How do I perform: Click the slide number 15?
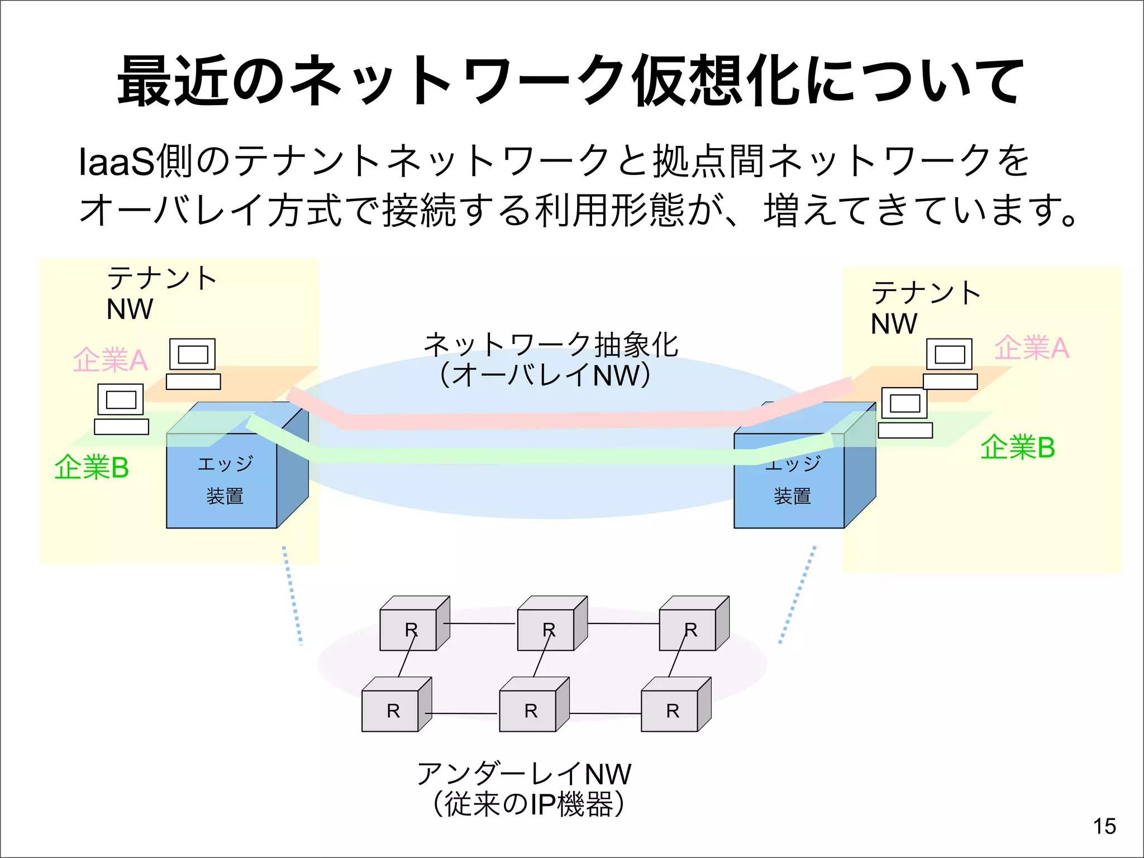click(1104, 826)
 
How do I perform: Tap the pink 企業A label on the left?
click(110, 360)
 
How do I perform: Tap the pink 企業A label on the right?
click(1031, 347)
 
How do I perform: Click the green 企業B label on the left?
click(92, 467)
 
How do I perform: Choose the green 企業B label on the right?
click(1017, 447)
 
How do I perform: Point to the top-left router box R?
click(408, 630)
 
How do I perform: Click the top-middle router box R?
click(546, 630)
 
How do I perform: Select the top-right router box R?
click(688, 630)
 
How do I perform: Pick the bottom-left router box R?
click(390, 711)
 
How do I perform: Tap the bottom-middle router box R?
click(528, 711)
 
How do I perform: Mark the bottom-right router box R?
click(670, 711)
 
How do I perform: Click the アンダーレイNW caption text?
click(524, 774)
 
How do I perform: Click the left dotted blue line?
click(292, 595)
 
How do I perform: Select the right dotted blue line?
click(798, 595)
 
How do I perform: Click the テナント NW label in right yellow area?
click(924, 308)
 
